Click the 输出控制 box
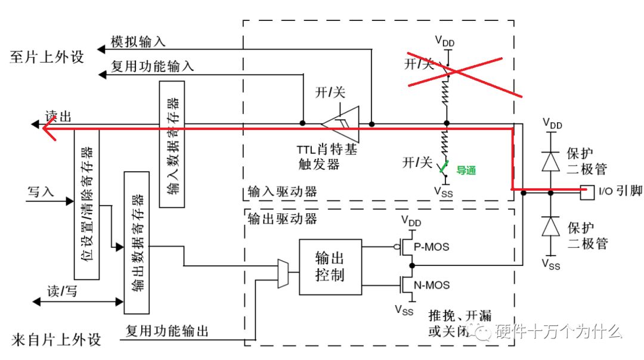(330, 267)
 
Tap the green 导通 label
(466, 170)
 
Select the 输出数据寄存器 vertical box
(137, 242)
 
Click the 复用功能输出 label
(167, 331)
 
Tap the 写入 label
(41, 192)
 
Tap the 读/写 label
(61, 291)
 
